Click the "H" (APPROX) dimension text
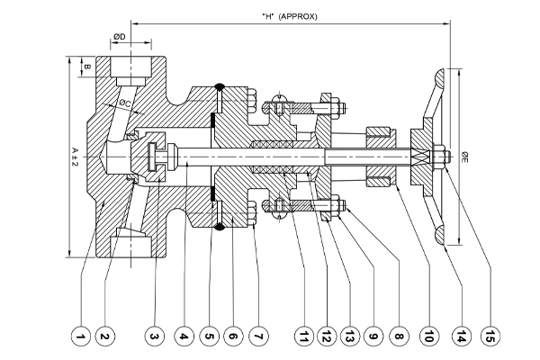[x=289, y=15]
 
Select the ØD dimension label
[x=118, y=37]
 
